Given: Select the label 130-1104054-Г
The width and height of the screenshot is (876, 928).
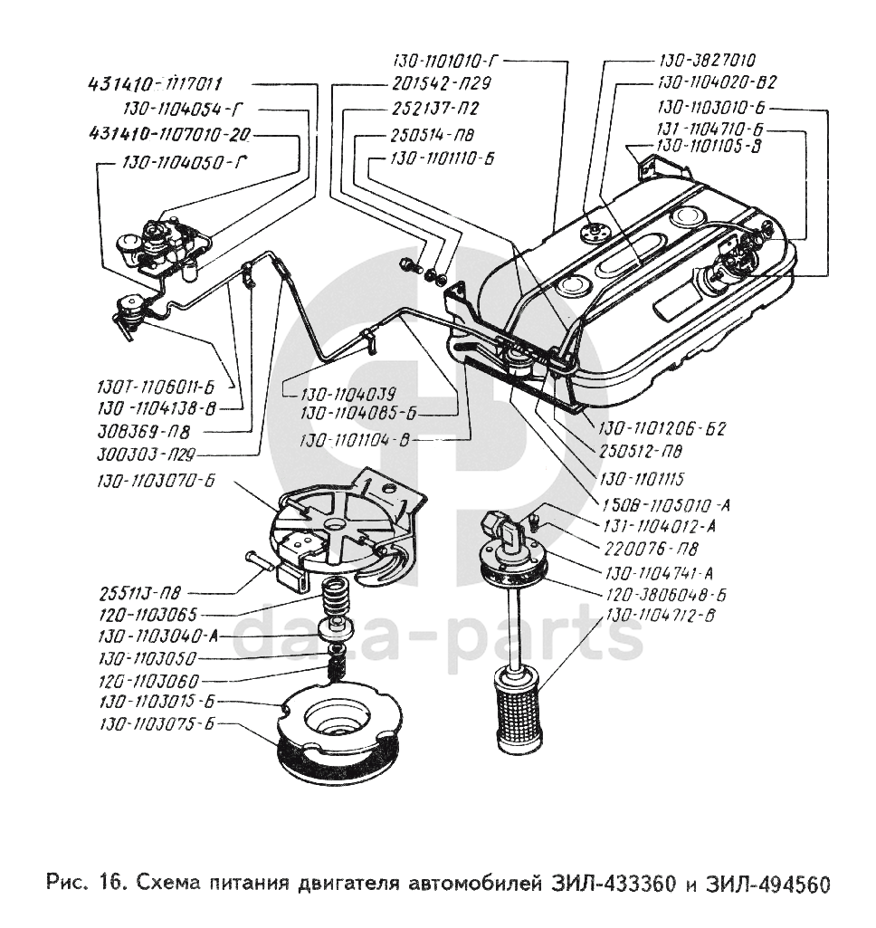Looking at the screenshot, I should [x=183, y=110].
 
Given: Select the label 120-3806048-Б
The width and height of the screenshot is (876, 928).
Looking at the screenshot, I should [x=658, y=596].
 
